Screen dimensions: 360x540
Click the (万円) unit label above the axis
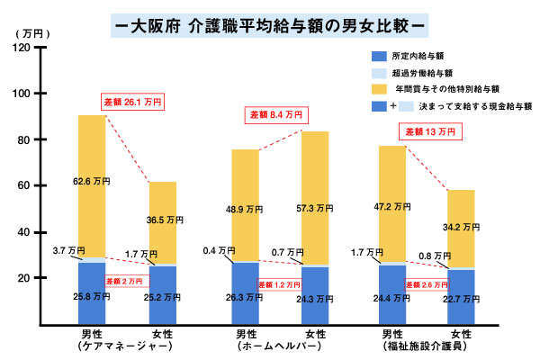[x=31, y=32]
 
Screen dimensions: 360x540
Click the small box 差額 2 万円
[x=125, y=280]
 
